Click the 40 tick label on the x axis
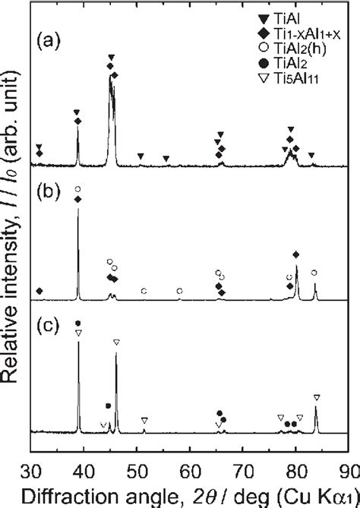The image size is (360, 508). [84, 467]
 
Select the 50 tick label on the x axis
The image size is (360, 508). [137, 467]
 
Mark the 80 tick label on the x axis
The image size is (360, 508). [296, 467]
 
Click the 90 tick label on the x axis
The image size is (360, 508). [348, 467]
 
